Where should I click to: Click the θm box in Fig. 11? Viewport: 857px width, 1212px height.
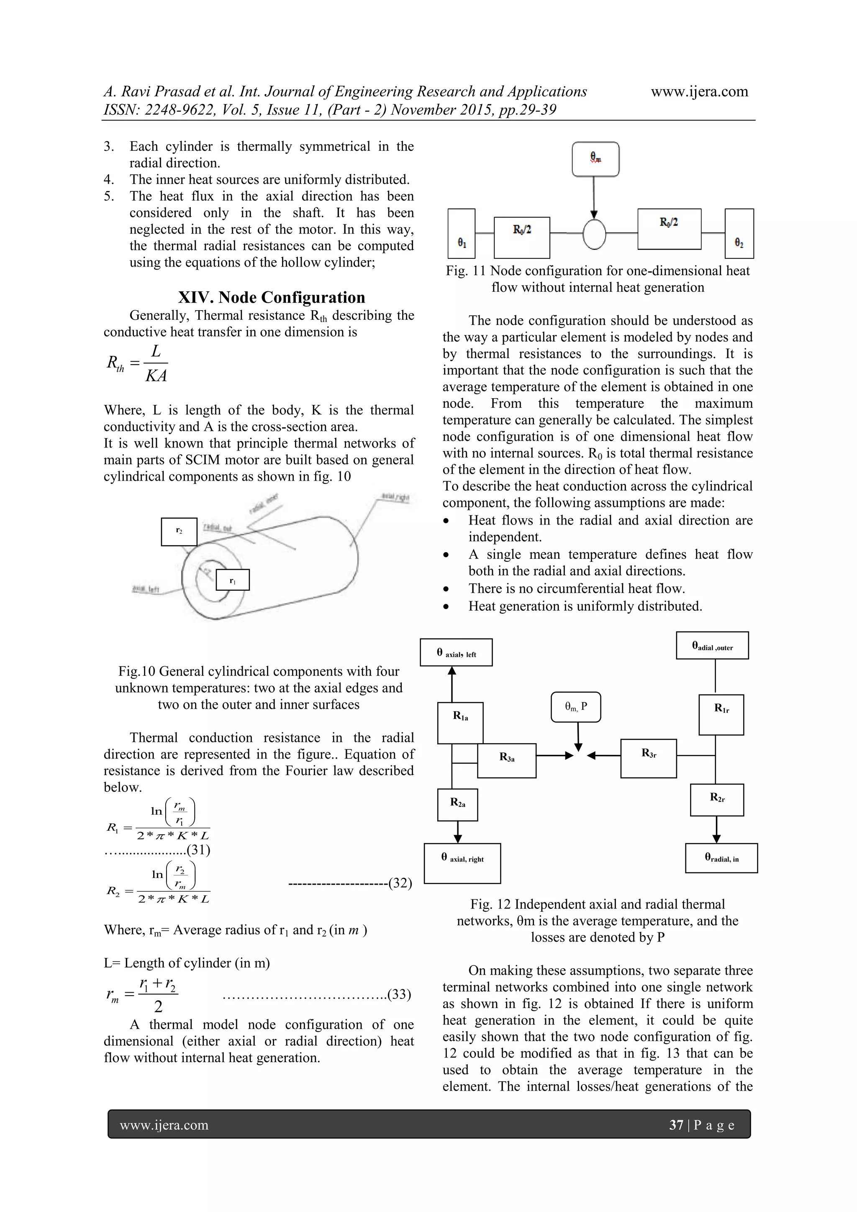coord(595,159)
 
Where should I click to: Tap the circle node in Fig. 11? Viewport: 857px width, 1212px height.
coord(594,233)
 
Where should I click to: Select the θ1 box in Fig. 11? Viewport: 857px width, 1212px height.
coord(461,233)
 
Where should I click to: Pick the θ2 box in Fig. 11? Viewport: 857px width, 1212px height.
coord(739,233)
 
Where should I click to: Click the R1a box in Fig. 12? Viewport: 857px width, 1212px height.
coord(460,722)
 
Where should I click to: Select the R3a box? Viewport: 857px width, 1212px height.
coord(507,761)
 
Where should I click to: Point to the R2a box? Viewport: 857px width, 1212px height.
coord(457,805)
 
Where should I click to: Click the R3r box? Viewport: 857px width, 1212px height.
coord(648,758)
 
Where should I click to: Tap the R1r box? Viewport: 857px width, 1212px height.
coord(721,715)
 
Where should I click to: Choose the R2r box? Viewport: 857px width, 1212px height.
coord(717,800)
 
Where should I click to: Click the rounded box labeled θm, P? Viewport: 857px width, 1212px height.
coord(576,707)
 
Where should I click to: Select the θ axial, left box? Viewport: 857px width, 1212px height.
coord(456,652)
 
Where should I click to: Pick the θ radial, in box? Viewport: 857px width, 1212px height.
coord(721,858)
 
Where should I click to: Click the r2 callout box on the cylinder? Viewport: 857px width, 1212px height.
coord(179,532)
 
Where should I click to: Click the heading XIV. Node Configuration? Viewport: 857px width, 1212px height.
coord(271,297)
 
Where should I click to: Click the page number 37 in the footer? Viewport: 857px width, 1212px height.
coord(676,1125)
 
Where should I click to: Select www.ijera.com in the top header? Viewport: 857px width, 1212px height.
coord(699,91)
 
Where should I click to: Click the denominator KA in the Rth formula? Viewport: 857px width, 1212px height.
coord(156,376)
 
